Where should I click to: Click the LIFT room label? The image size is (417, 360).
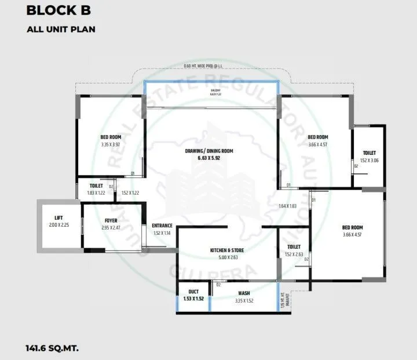pos(58,218)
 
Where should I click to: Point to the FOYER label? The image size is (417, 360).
pos(111,221)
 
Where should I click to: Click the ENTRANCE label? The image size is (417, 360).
pos(162,226)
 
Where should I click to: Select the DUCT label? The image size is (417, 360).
pos(193,292)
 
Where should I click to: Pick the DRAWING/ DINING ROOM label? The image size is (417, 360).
pos(211,151)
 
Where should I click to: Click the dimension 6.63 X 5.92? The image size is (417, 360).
pos(211,158)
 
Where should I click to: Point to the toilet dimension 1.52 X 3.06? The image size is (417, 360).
pos(368,160)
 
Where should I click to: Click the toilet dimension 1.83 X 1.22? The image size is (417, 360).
pos(96,192)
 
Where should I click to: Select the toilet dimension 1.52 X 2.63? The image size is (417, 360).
pos(294,254)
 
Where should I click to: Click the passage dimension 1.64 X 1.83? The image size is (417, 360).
pos(287,206)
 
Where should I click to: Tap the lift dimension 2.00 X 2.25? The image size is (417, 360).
pos(58,225)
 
